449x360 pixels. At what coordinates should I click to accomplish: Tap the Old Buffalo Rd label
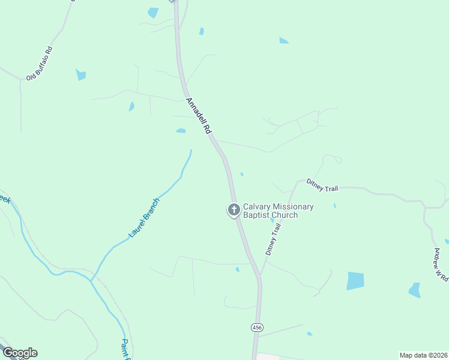pos(40,62)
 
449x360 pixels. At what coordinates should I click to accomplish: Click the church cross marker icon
pos(234,210)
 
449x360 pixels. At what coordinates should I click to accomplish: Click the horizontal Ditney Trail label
pos(322,184)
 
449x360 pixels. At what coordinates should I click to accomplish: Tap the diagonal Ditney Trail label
pos(273,240)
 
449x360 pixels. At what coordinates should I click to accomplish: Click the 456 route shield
pos(257,327)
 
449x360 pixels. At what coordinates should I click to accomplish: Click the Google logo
pos(19,353)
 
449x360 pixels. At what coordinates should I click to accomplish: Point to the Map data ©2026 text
pos(423,355)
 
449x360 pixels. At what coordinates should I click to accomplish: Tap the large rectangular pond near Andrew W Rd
pos(355,281)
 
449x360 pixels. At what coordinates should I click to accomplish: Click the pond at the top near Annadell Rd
pos(153,12)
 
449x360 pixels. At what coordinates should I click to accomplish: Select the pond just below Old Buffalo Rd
pos(80,75)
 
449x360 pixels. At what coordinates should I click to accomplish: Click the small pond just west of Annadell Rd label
pos(181,130)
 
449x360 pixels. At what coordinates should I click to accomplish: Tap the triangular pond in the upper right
pos(283,41)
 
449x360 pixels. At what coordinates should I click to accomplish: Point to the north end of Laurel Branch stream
pos(191,151)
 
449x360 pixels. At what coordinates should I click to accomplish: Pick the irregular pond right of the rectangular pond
pos(415,290)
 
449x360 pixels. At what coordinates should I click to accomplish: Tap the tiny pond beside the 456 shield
pos(309,334)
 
